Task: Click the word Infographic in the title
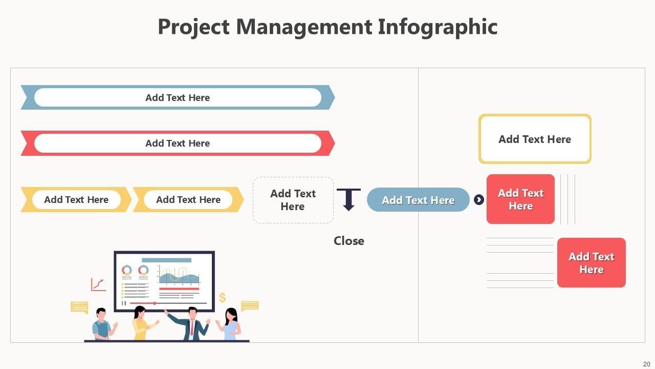(438, 27)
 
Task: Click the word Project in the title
(193, 27)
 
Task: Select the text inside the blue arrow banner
(178, 97)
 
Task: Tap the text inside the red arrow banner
(178, 143)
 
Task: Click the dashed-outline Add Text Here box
(293, 200)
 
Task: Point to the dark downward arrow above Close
(348, 199)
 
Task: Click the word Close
(349, 241)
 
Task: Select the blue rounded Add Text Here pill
(418, 200)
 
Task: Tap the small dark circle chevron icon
(479, 200)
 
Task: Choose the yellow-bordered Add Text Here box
(535, 139)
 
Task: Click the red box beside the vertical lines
(520, 199)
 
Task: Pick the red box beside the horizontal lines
(591, 263)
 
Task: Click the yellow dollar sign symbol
(222, 297)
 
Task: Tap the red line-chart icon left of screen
(98, 284)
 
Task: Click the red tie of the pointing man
(192, 327)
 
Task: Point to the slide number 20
(646, 364)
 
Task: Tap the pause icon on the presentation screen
(123, 303)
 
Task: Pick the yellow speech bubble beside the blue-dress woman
(250, 306)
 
